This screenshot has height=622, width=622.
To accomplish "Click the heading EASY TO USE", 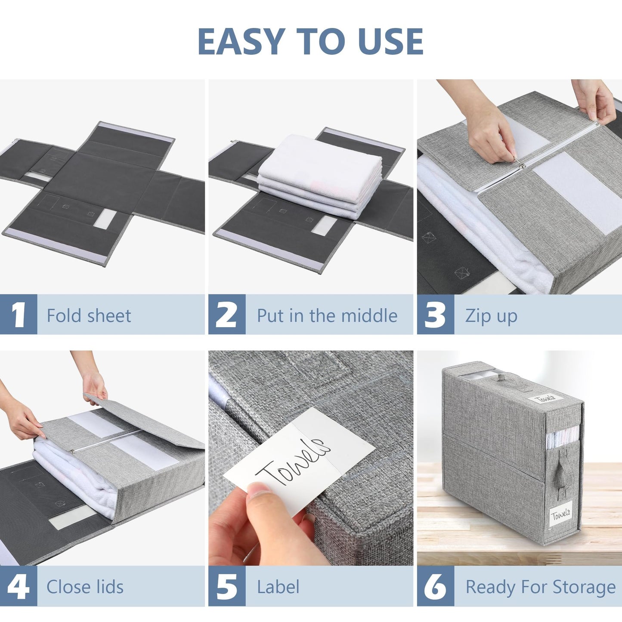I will pyautogui.click(x=310, y=41).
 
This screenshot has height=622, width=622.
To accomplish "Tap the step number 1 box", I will pyautogui.click(x=19, y=315).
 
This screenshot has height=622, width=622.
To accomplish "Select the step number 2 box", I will pyautogui.click(x=227, y=315).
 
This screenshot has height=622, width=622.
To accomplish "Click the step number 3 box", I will pyautogui.click(x=435, y=315).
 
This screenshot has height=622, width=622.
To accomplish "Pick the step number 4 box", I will pyautogui.click(x=19, y=586).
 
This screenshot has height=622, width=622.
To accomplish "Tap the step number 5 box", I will pyautogui.click(x=227, y=586).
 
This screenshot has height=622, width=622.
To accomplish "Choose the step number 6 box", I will pyautogui.click(x=435, y=586).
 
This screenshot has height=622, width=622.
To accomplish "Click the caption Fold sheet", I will pyautogui.click(x=89, y=316).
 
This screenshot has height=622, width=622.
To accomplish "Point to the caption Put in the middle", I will pyautogui.click(x=327, y=316).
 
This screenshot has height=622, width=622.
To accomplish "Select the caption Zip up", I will pyautogui.click(x=491, y=316).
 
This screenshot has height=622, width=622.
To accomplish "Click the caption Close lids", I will pyautogui.click(x=85, y=587).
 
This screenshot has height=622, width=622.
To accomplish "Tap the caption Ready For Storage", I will pyautogui.click(x=540, y=587).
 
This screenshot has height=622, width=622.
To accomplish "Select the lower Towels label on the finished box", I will pyautogui.click(x=560, y=514).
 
